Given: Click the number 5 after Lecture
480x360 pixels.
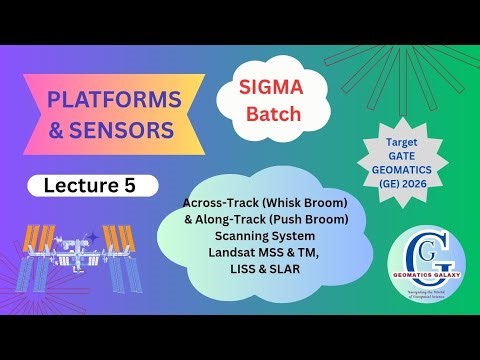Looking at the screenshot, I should click(140, 185).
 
